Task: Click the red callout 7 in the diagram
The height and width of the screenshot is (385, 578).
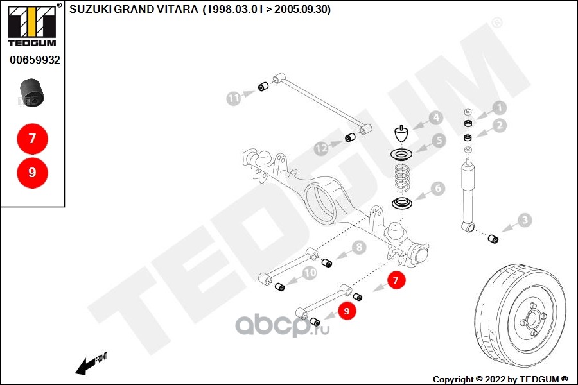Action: [396, 280]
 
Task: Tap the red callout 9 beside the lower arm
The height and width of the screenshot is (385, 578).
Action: [346, 311]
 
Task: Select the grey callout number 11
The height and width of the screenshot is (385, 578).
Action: [233, 98]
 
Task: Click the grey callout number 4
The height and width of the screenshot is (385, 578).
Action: [435, 118]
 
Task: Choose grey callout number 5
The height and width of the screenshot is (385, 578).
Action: [439, 140]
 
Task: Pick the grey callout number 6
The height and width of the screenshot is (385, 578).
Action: [437, 189]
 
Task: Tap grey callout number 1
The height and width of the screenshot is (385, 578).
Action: [500, 108]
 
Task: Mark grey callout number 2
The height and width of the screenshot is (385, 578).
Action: [500, 126]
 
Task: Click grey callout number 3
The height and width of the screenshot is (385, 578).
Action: [525, 221]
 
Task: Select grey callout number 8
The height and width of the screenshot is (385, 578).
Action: [358, 246]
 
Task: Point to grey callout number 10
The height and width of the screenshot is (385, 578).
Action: [310, 273]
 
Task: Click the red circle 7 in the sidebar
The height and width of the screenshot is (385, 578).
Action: [32, 138]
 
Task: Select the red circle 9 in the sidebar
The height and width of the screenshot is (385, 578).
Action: [32, 172]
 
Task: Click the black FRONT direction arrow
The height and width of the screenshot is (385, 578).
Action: [85, 366]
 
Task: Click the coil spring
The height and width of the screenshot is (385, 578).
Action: [403, 178]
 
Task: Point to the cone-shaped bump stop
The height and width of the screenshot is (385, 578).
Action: [402, 136]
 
